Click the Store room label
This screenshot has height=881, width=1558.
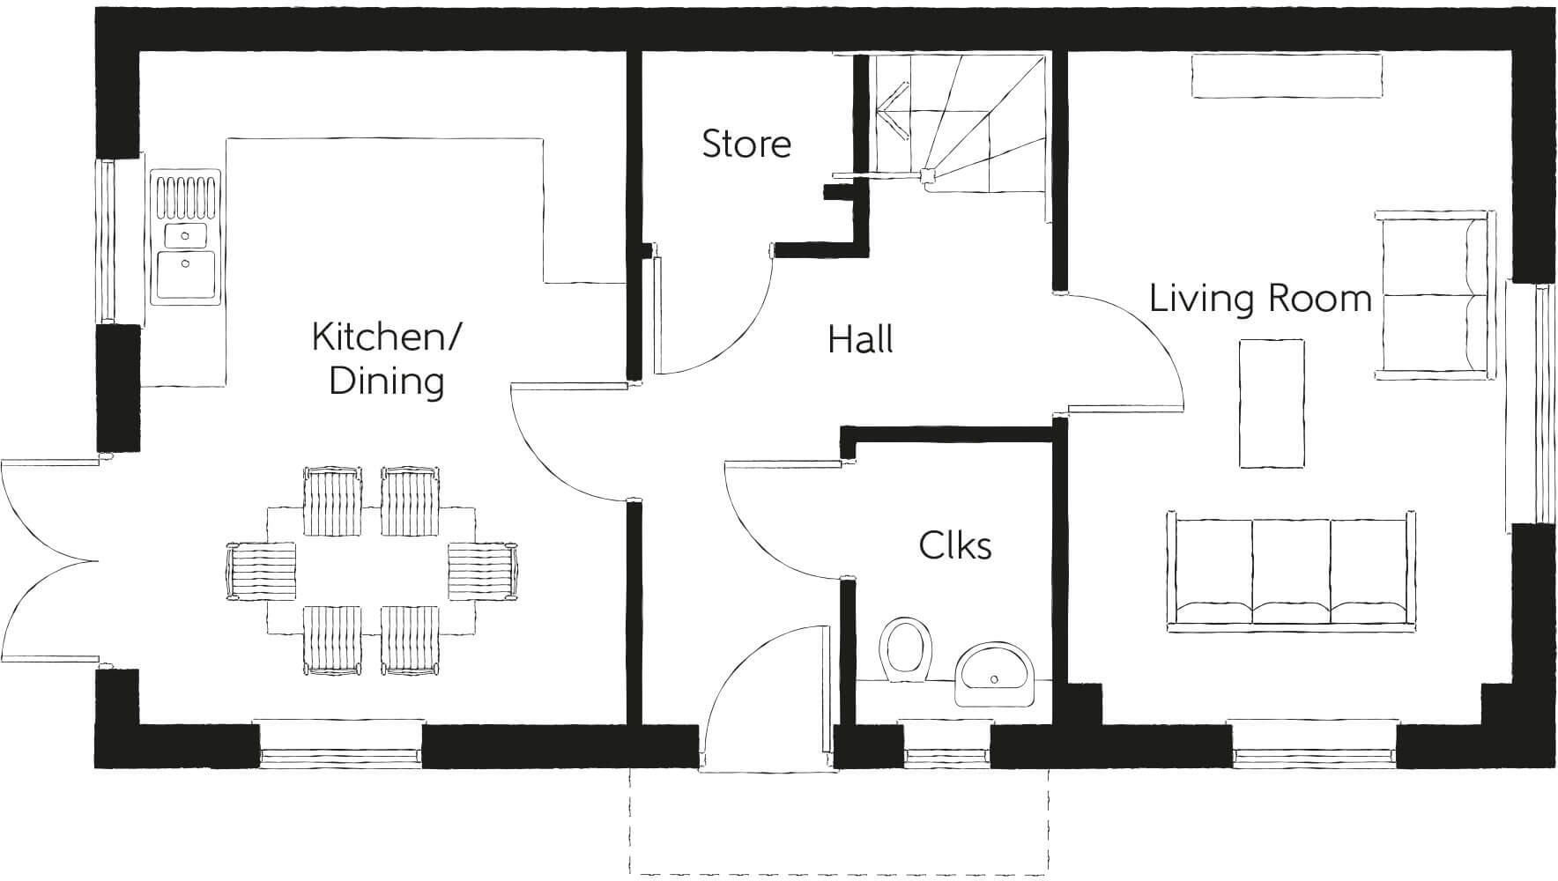click(x=746, y=144)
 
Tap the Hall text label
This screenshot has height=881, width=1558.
click(x=860, y=339)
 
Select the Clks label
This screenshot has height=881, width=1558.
click(x=954, y=545)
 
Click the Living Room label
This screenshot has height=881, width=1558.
click(x=1260, y=298)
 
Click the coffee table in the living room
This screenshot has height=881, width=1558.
click(x=1271, y=404)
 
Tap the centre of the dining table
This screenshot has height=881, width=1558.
click(x=370, y=569)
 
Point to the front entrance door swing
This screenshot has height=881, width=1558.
click(x=749, y=696)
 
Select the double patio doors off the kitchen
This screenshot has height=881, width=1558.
click(x=48, y=560)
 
